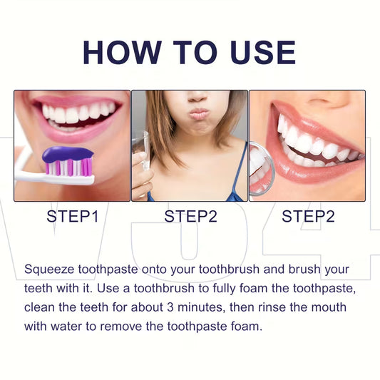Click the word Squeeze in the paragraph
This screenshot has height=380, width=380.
pos(51,270)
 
